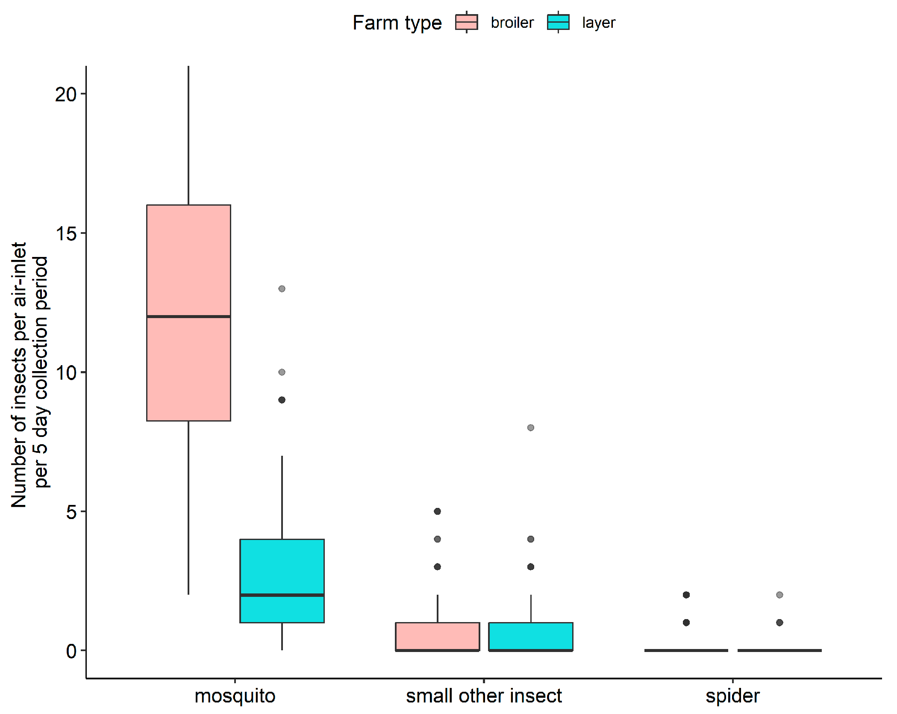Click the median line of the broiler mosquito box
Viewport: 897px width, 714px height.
pyautogui.click(x=188, y=316)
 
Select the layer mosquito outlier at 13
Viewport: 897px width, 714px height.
pyautogui.click(x=282, y=289)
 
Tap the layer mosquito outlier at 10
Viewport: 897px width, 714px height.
pyautogui.click(x=282, y=372)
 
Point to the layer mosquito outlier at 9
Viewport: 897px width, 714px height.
pyautogui.click(x=282, y=400)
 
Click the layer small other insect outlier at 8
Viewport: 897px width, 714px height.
pyautogui.click(x=530, y=428)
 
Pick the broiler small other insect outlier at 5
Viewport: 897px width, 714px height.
pyautogui.click(x=437, y=511)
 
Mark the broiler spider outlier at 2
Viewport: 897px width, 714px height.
pyautogui.click(x=686, y=595)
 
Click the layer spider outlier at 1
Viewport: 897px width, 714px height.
pyautogui.click(x=779, y=623)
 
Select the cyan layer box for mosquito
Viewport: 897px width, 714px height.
pyautogui.click(x=282, y=569)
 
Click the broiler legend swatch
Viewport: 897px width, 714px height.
pyautogui.click(x=466, y=22)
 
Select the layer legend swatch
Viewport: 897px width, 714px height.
pyautogui.click(x=558, y=22)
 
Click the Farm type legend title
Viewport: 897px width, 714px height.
pyautogui.click(x=397, y=23)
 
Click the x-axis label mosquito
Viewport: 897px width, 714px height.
pyautogui.click(x=235, y=696)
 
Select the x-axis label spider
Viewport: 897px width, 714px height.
pyautogui.click(x=732, y=696)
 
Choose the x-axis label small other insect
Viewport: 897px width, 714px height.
pyautogui.click(x=484, y=696)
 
